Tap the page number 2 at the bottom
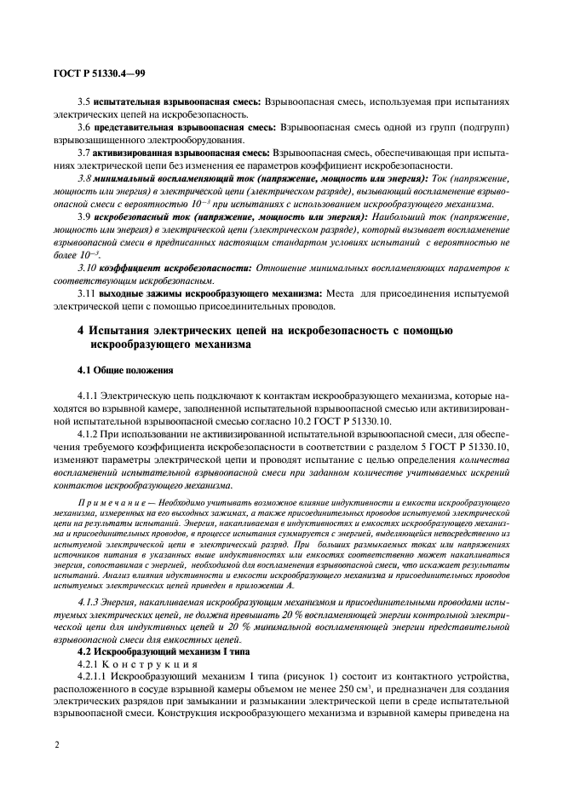(56, 744)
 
